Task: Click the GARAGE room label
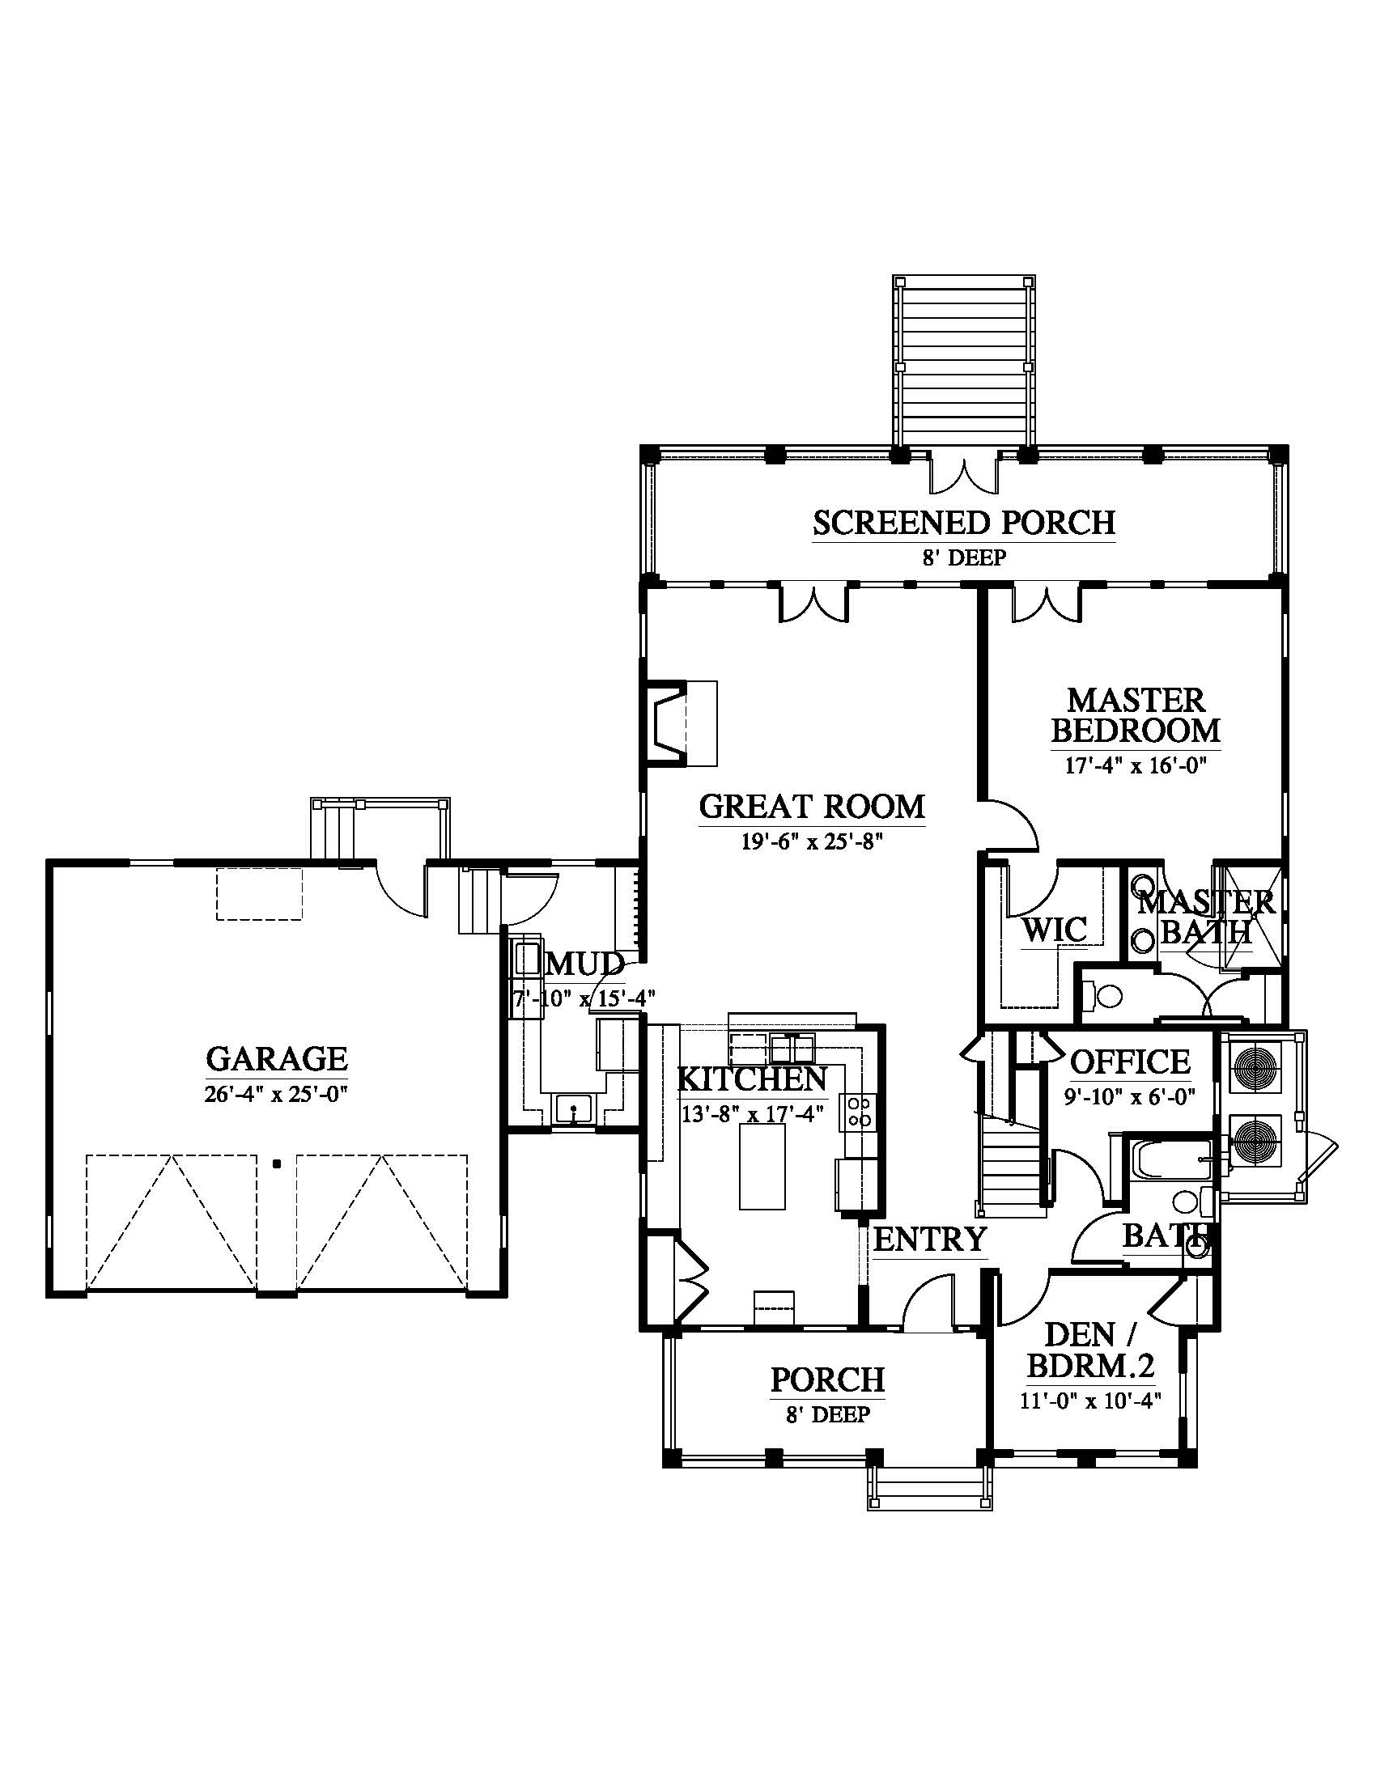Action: coord(276,1059)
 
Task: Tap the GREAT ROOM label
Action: coord(812,806)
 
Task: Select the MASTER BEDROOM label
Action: coord(1136,714)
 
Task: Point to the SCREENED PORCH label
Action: coord(963,523)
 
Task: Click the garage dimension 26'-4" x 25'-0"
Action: coord(276,1094)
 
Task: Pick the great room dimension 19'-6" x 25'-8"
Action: coord(812,841)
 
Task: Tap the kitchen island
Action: coord(762,1166)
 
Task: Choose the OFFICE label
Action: coord(1130,1062)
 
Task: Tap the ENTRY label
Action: coord(930,1240)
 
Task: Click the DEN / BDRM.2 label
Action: coord(1092,1350)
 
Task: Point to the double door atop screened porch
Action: coord(964,477)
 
